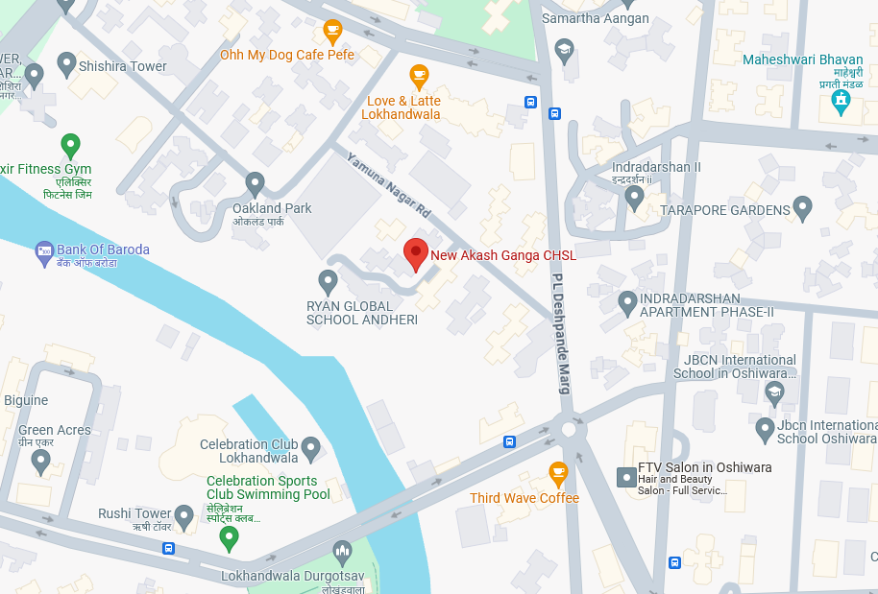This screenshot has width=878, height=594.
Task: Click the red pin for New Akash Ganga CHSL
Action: [415, 254]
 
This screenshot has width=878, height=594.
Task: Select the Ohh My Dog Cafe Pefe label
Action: [286, 55]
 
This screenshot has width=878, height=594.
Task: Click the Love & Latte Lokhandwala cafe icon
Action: [419, 75]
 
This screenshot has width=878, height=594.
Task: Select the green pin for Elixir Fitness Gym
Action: [70, 146]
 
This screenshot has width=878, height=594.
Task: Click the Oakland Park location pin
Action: [255, 182]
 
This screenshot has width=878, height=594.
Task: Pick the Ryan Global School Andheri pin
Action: [328, 281]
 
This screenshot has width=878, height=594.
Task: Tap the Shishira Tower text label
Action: [122, 66]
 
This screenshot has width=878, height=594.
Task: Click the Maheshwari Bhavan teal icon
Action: [841, 101]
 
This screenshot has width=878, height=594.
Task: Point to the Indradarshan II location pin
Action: [634, 198]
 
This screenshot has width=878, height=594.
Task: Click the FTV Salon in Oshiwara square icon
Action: [625, 476]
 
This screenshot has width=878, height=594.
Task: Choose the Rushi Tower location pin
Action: [184, 516]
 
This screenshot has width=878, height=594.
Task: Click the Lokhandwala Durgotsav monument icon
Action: [341, 552]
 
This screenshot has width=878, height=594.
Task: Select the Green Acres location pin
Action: [40, 461]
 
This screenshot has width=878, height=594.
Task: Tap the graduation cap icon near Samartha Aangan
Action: [565, 49]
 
